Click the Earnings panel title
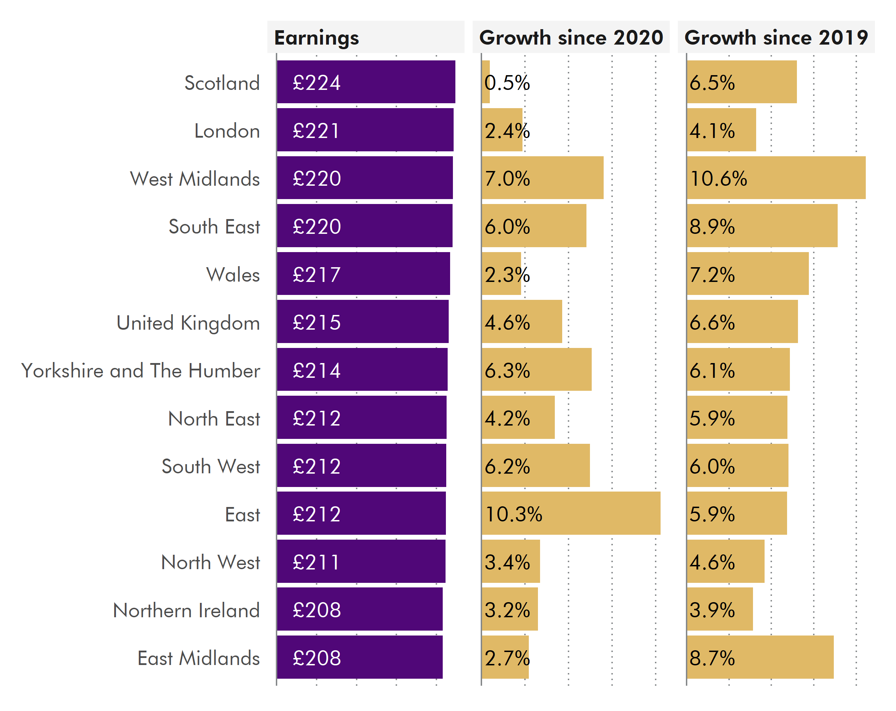[x=316, y=38]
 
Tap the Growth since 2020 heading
[x=571, y=38]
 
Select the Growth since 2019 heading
[x=775, y=38]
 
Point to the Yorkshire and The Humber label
[x=141, y=370]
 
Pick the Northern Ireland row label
[x=186, y=610]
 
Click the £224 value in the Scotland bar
[x=316, y=82]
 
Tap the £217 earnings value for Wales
[x=316, y=274]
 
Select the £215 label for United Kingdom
[x=316, y=322]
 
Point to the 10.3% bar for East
[x=571, y=514]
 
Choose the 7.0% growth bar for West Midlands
[x=542, y=178]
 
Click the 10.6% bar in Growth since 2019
[x=775, y=178]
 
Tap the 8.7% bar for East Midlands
[x=760, y=657]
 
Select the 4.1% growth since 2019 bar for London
[x=721, y=130]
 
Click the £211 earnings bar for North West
[x=361, y=561]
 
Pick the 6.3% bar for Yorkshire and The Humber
[x=536, y=370]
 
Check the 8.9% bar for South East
[x=762, y=226]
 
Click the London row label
[x=227, y=131]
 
